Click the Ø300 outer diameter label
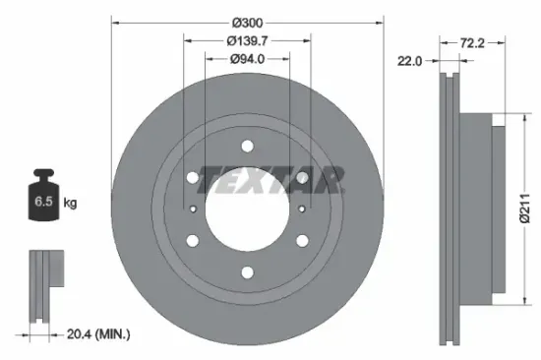point(245,20)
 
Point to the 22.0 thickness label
point(409,60)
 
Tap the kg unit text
point(71,204)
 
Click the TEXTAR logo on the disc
point(271,181)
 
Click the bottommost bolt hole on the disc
point(246,272)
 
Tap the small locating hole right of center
point(297,209)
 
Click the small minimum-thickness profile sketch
point(43,284)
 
